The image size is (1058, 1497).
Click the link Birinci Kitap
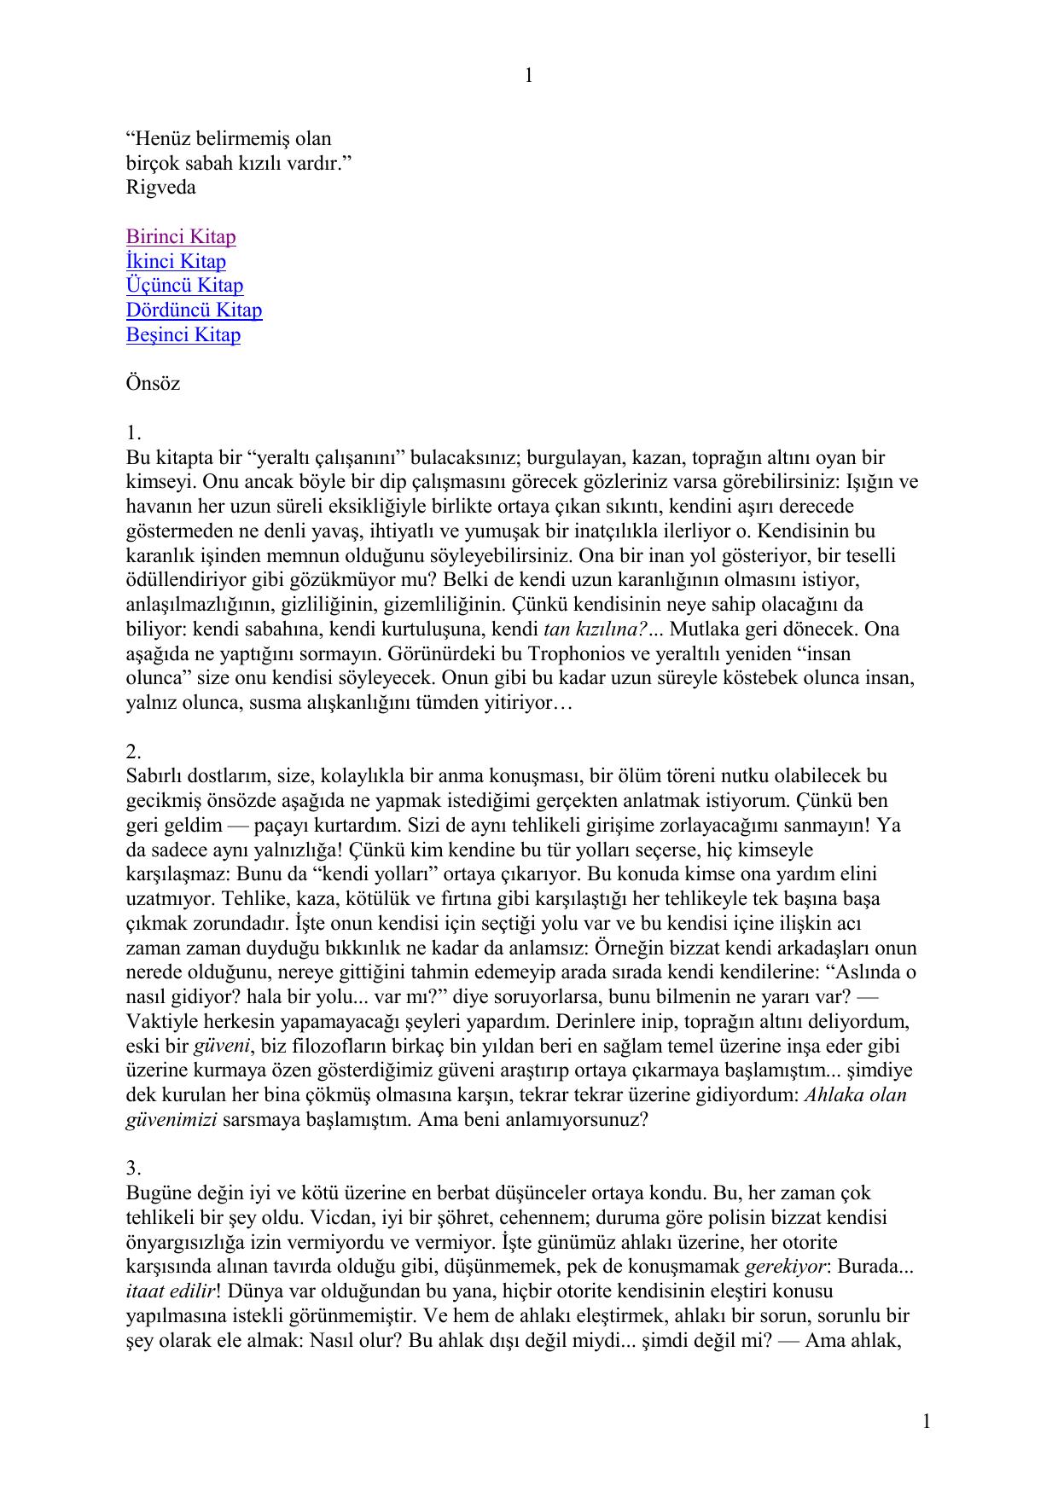tap(181, 236)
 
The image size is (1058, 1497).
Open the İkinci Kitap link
tap(176, 261)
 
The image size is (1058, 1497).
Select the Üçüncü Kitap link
tap(184, 286)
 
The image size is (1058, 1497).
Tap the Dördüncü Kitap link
tap(194, 310)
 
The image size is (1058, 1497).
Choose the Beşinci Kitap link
tap(183, 334)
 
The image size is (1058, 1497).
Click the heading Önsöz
tap(153, 383)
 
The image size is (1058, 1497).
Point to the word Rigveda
tap(160, 188)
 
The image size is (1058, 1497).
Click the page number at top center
tap(528, 76)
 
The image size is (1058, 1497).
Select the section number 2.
tap(133, 751)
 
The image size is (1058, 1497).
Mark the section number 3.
tap(133, 1168)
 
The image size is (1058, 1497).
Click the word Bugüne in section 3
tap(157, 1192)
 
